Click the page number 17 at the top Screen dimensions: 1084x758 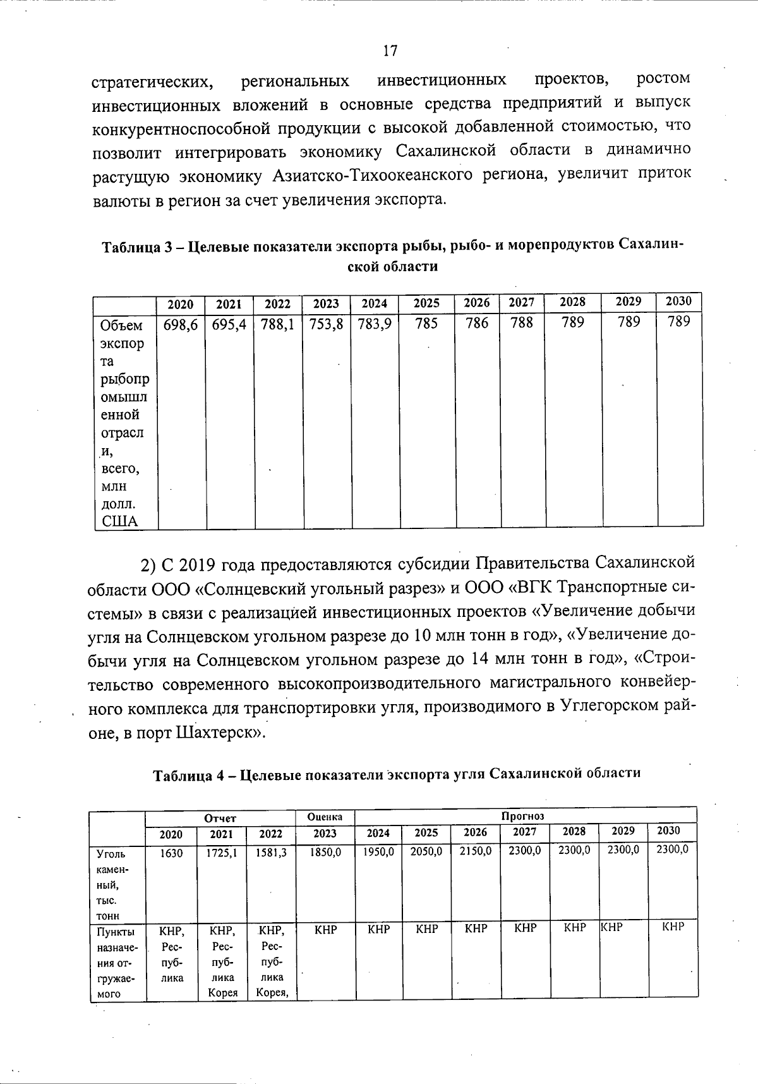click(x=390, y=51)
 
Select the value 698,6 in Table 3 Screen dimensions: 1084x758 click(x=181, y=325)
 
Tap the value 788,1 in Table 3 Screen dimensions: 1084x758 click(x=278, y=325)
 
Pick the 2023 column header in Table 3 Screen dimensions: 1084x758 click(x=326, y=304)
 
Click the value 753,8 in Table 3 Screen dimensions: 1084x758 click(x=327, y=325)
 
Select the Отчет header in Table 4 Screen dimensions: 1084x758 click(x=220, y=818)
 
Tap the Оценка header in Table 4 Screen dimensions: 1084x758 click(x=325, y=817)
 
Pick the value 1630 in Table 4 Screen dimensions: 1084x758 click(x=171, y=853)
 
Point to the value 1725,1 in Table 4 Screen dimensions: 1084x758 click(x=222, y=853)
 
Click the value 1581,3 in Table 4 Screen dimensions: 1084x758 click(x=271, y=853)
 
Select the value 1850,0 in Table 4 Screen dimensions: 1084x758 click(x=325, y=852)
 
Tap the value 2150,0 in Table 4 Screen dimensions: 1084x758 click(x=476, y=851)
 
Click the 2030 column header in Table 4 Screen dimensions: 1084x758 click(x=669, y=831)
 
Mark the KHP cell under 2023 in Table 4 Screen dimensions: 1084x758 click(x=325, y=930)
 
